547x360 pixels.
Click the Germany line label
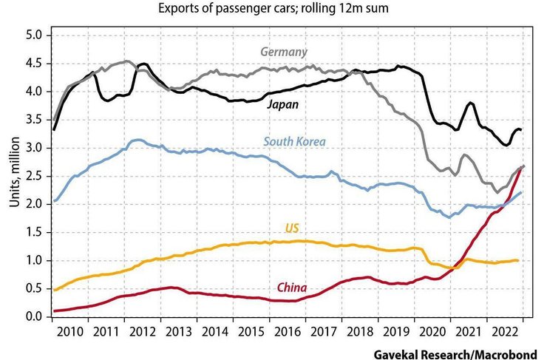(x=284, y=52)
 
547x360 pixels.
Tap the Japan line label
(x=283, y=104)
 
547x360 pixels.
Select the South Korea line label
(x=294, y=142)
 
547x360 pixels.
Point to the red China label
(x=292, y=287)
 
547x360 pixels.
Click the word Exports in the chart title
(x=177, y=10)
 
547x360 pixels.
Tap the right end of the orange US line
(x=517, y=260)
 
